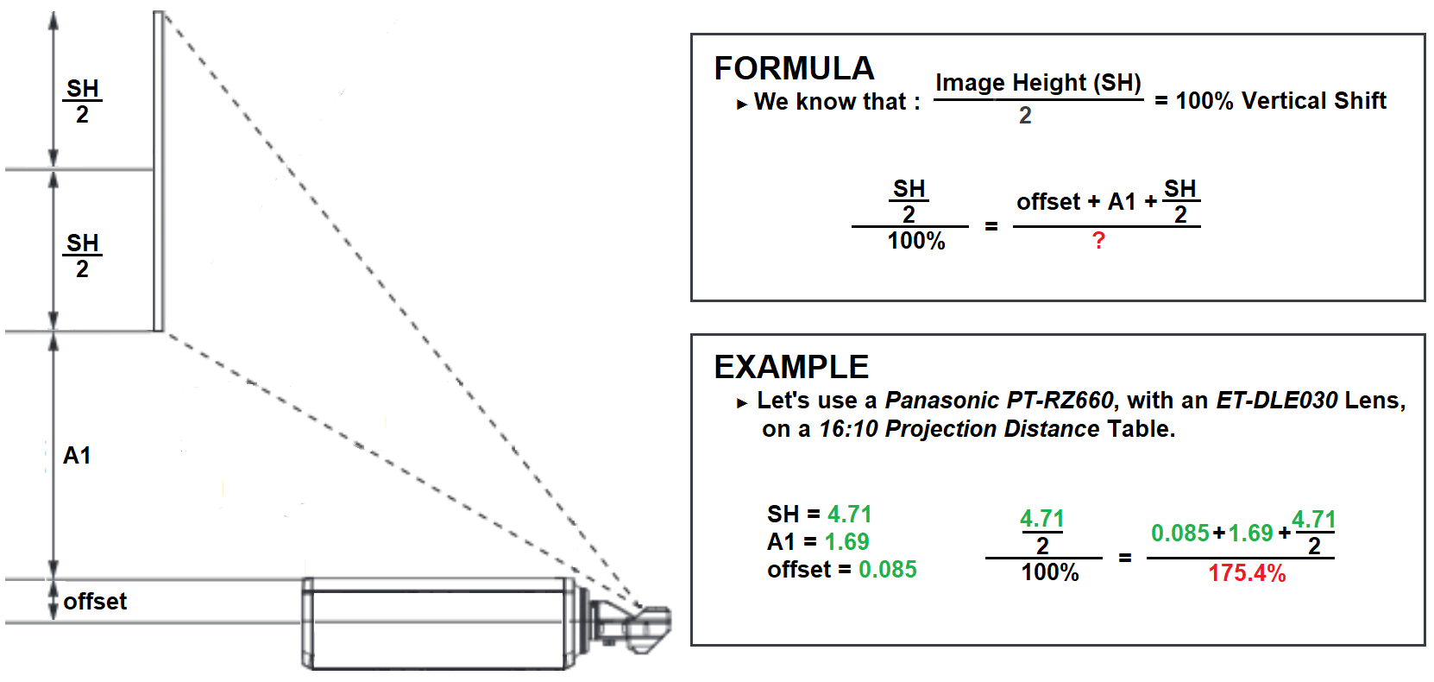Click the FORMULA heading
pos(794,68)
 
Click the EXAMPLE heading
pos(791,368)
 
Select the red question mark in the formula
pos(1098,241)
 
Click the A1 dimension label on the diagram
pos(77,456)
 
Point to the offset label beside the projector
pos(95,602)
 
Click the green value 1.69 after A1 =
pos(847,542)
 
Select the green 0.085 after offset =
pos(888,569)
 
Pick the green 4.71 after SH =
pos(850,515)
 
